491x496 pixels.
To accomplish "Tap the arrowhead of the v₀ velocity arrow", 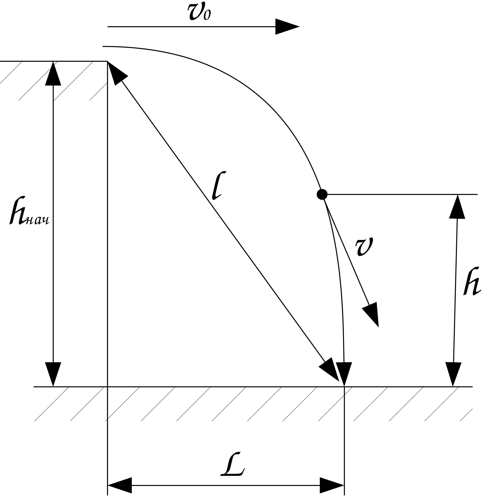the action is coord(287,27).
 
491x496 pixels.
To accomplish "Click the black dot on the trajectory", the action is coord(322,194).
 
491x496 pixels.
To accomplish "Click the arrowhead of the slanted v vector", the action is coord(372,313).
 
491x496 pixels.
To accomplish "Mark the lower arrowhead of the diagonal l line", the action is coord(330,370).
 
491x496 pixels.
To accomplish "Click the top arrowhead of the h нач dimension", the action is coord(53,74).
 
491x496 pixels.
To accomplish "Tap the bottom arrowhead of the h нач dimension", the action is coord(53,374).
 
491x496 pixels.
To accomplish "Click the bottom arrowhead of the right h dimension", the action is coord(453,374).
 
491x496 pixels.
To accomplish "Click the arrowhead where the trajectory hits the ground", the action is coord(344,374).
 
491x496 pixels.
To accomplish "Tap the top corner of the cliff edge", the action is coord(108,62).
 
